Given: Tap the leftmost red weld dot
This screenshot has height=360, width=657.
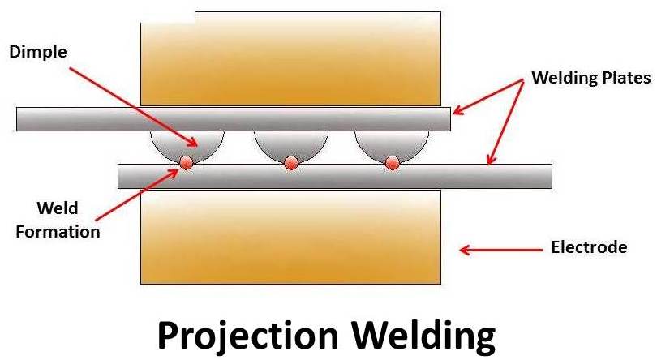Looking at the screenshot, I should [x=186, y=163].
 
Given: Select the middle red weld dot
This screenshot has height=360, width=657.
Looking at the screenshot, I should [x=291, y=163].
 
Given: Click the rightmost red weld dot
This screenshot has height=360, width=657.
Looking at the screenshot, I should [x=392, y=163].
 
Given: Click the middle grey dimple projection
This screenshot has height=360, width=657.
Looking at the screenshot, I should [x=290, y=144].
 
